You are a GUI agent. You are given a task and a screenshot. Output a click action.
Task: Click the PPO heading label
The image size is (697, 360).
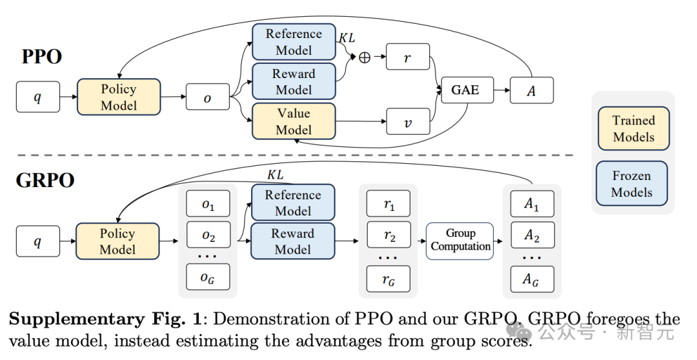[x=42, y=57]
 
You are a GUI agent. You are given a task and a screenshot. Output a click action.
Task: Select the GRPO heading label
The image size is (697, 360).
[x=45, y=180]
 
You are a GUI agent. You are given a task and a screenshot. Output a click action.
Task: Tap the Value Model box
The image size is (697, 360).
[x=294, y=121]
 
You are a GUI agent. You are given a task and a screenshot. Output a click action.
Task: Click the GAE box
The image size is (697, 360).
[x=465, y=90]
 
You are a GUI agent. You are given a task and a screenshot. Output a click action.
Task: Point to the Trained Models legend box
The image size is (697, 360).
[x=633, y=129]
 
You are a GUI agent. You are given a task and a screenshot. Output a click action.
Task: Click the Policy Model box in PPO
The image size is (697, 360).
[x=119, y=97]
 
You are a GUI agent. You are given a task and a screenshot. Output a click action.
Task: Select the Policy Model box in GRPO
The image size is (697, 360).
[x=117, y=242]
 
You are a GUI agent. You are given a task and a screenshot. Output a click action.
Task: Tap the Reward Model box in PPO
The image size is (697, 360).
[x=294, y=82]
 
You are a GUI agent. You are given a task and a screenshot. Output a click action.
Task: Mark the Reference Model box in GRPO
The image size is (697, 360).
[x=293, y=203]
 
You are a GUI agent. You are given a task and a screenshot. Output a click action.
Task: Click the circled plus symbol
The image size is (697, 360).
[x=365, y=57]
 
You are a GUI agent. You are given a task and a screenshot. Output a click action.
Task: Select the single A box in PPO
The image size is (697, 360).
[x=532, y=91]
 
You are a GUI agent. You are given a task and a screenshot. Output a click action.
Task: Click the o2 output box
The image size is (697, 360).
[x=208, y=235]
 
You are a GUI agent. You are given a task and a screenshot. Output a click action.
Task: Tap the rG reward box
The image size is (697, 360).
[x=389, y=279]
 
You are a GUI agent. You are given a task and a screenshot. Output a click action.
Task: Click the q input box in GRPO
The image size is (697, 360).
[x=37, y=241]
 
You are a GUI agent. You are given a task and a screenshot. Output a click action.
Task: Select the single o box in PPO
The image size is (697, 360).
[x=207, y=97]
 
